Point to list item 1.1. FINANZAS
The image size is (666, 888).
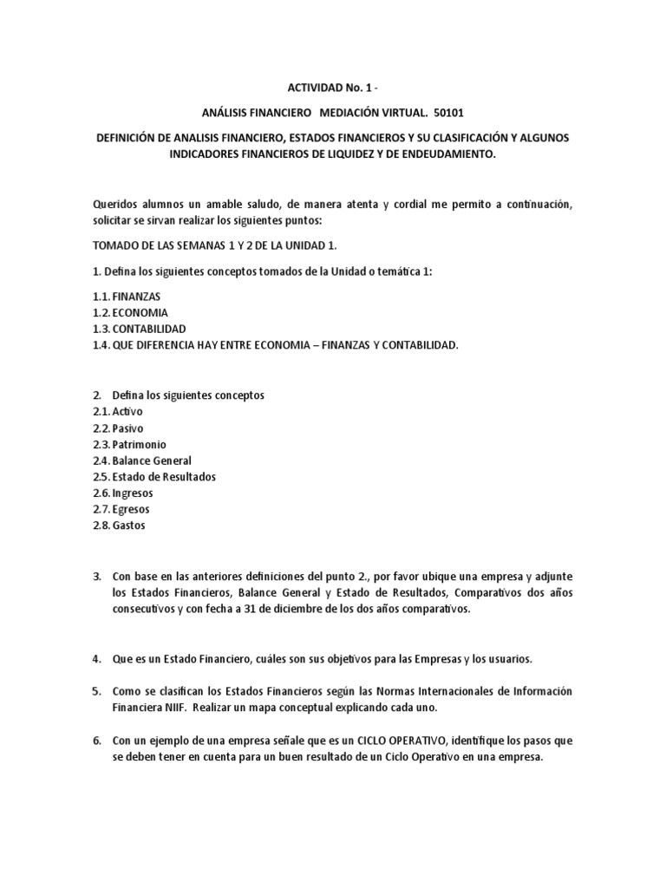pos(127,296)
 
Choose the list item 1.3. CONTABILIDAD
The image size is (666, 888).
pos(139,329)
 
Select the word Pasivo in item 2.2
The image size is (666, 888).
pos(127,428)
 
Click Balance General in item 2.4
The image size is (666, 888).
pos(152,460)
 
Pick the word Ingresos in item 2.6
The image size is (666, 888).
pos(133,493)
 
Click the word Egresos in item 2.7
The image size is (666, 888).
pos(131,509)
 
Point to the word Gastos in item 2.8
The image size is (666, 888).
pos(129,526)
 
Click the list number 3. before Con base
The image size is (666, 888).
pos(97,576)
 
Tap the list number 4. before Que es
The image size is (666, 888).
pos(97,659)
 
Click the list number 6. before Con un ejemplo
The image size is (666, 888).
pos(97,741)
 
